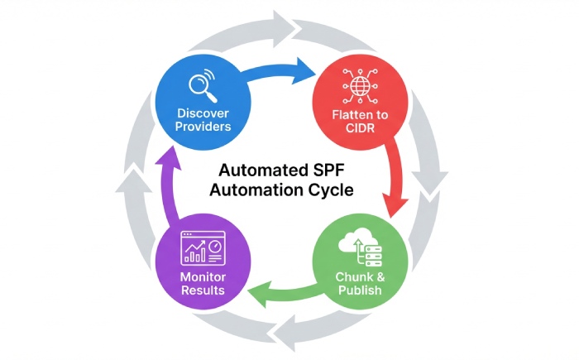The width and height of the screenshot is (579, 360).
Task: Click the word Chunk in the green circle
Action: [x=352, y=276]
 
